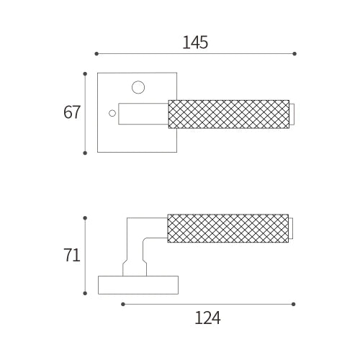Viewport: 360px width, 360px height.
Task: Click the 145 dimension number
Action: click(x=195, y=42)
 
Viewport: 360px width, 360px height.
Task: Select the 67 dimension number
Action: click(x=71, y=112)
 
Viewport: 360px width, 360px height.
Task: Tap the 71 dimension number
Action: click(x=71, y=255)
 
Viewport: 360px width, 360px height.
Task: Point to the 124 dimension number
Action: click(x=207, y=318)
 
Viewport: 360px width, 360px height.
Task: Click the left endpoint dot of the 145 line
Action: click(x=96, y=53)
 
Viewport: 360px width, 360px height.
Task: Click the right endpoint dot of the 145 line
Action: click(x=294, y=53)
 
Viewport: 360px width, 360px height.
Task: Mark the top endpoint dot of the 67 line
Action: click(x=85, y=73)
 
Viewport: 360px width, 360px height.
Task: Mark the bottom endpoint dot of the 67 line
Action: click(x=85, y=153)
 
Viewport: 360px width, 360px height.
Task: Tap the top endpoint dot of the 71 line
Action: click(x=85, y=218)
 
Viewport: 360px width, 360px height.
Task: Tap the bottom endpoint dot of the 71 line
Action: click(x=85, y=293)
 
